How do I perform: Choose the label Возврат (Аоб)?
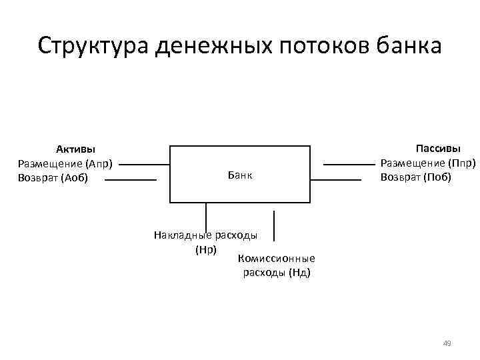tap(53, 177)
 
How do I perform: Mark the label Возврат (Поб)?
tap(416, 177)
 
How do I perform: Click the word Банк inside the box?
tap(240, 175)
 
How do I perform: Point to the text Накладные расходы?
tap(205, 235)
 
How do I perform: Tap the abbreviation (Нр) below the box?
tap(205, 249)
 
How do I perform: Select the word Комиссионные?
tap(276, 259)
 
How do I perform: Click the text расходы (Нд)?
tap(276, 273)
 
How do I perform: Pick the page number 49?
tap(447, 343)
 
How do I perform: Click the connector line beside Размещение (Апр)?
tap(144, 164)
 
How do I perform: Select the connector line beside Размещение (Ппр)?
tap(349, 164)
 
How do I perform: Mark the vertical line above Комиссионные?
tap(274, 225)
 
